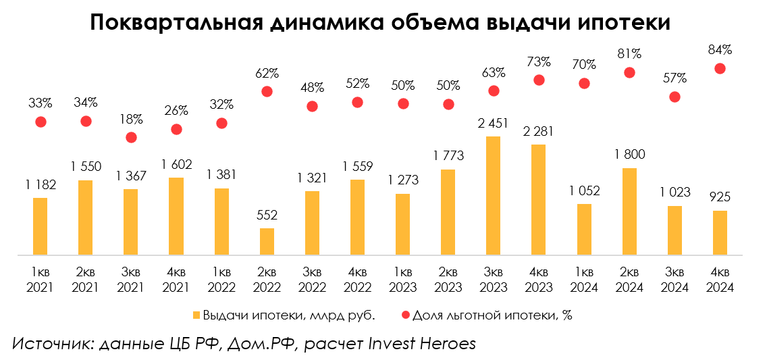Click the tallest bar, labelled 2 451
point(494,196)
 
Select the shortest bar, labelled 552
point(267,242)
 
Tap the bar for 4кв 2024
point(720,233)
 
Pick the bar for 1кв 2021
point(41,227)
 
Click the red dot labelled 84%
point(720,68)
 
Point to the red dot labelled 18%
point(131,137)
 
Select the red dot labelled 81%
point(629,72)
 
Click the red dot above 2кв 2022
point(267,91)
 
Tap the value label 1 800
point(629,154)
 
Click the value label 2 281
point(539,130)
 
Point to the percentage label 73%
point(539,61)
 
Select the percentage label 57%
point(675,78)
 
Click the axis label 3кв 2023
point(494,280)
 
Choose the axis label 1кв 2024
point(584,280)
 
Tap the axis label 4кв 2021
point(176,280)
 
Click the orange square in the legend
point(196,315)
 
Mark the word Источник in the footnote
point(51,343)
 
